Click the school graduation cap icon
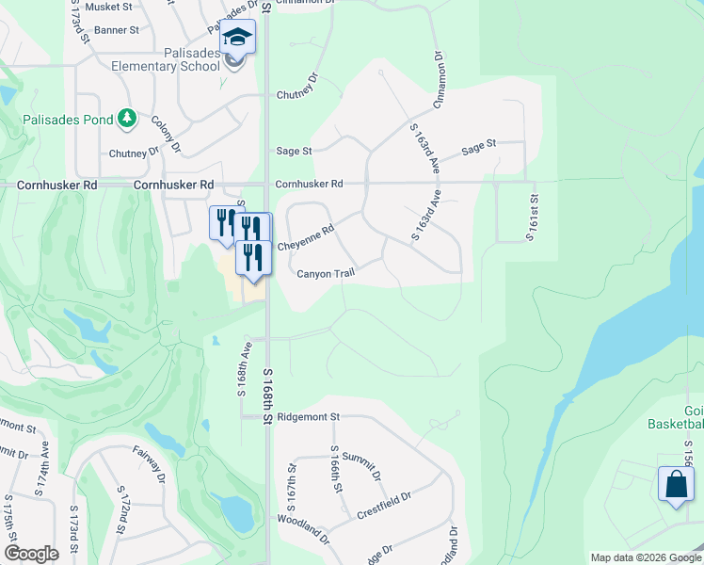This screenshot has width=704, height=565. [x=237, y=39]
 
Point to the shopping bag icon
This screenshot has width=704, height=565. [x=675, y=484]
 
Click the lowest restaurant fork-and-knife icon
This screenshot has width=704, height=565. [x=252, y=257]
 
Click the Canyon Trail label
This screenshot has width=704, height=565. [x=325, y=274]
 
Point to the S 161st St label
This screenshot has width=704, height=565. [x=532, y=218]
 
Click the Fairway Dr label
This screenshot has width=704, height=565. [x=149, y=464]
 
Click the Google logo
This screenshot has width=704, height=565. [x=31, y=554]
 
